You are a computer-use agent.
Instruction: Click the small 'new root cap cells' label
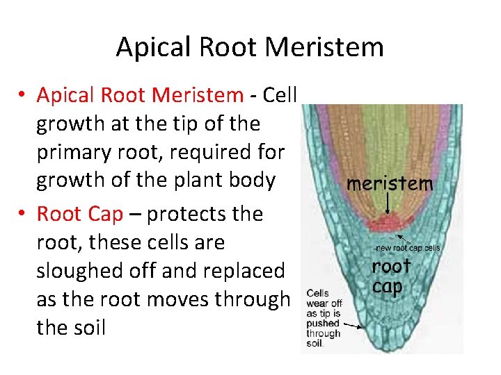pyautogui.click(x=408, y=248)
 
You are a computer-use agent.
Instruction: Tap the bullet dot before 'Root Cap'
pyautogui.click(x=24, y=215)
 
